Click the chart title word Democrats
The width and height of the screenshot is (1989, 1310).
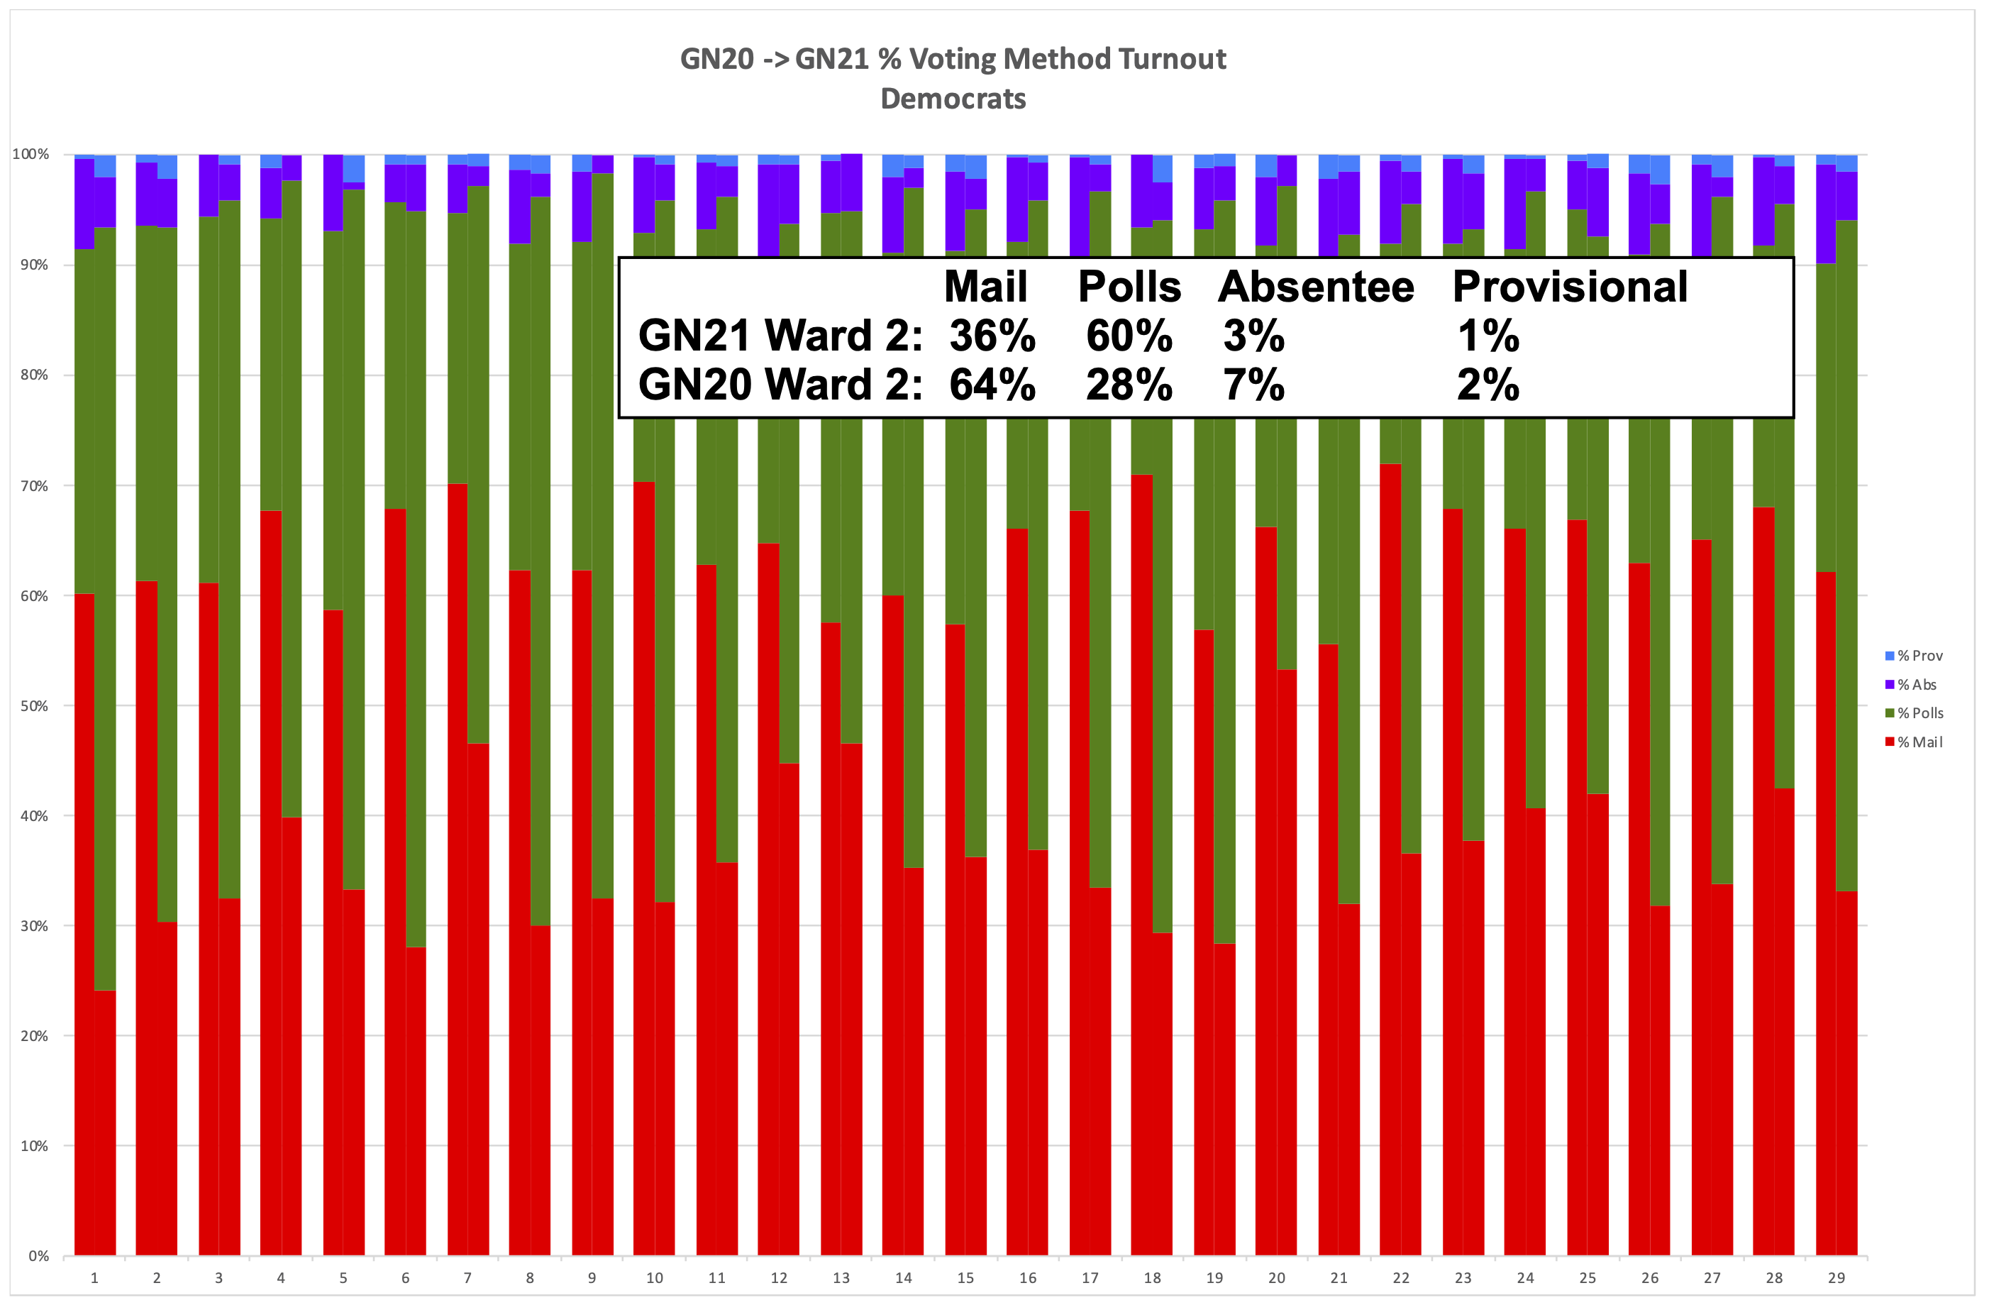click(953, 99)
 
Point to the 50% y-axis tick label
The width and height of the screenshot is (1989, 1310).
click(34, 705)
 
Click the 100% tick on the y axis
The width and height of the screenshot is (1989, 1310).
click(31, 154)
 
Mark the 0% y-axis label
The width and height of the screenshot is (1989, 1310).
click(38, 1255)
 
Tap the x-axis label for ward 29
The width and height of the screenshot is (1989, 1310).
click(1836, 1278)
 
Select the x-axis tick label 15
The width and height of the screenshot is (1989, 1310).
click(965, 1278)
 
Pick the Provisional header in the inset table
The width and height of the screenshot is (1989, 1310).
click(1570, 287)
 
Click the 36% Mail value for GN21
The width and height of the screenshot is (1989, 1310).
click(992, 336)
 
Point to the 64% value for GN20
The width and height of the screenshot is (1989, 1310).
click(992, 385)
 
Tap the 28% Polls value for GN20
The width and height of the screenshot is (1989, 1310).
click(1129, 385)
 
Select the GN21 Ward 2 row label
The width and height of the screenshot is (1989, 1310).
click(780, 336)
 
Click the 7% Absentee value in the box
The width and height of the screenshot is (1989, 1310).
click(1253, 385)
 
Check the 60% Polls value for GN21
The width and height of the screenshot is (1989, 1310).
click(1129, 336)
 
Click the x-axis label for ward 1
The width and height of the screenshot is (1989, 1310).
click(94, 1278)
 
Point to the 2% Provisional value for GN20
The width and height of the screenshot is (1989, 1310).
click(1487, 385)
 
